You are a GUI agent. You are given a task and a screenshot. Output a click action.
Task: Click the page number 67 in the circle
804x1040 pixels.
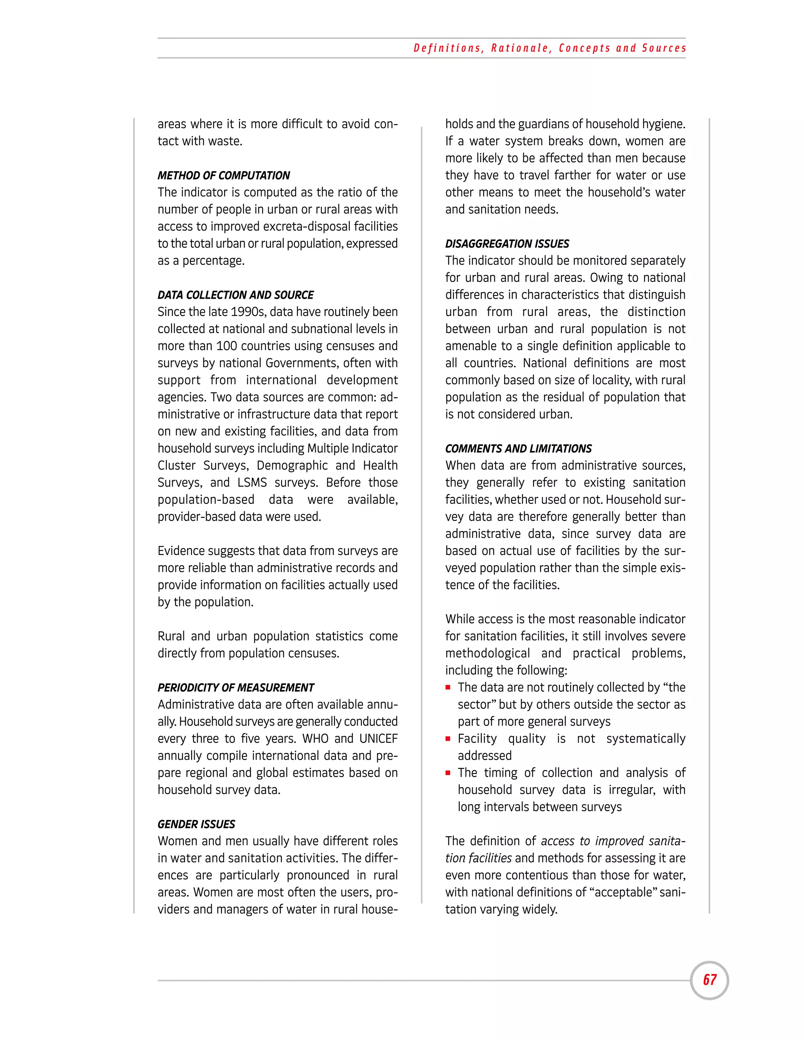click(709, 980)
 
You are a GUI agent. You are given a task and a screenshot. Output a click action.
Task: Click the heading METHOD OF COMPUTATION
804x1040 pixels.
click(223, 175)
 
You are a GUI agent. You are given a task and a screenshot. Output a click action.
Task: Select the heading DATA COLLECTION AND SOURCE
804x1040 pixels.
click(235, 295)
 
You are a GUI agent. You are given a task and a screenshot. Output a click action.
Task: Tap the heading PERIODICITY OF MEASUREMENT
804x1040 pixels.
click(236, 688)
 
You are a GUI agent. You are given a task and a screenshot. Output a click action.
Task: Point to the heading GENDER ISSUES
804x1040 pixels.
click(196, 824)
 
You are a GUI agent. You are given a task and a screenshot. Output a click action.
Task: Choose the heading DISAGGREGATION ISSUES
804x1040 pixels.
click(507, 244)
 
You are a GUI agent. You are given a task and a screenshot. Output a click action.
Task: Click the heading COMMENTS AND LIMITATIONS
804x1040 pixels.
click(518, 449)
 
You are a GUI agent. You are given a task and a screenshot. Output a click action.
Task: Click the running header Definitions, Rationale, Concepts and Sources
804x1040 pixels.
click(550, 48)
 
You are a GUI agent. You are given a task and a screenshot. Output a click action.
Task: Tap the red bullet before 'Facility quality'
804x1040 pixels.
click(448, 739)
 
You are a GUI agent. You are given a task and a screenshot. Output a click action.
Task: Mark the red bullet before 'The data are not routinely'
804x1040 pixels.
click(448, 688)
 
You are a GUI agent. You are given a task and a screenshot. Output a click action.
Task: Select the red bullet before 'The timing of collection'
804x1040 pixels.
click(448, 773)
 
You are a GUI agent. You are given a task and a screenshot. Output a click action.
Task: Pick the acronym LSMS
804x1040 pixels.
click(252, 482)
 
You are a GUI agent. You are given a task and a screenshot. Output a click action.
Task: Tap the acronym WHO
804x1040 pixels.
click(315, 739)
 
